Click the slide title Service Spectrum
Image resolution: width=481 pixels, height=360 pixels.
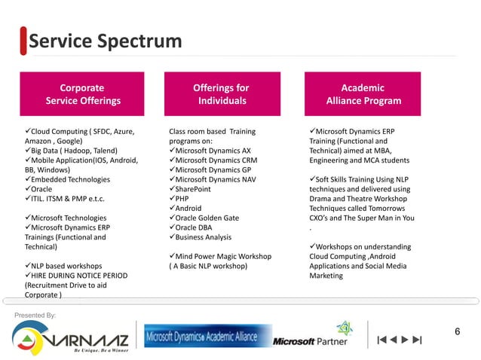pyautogui.click(x=106, y=41)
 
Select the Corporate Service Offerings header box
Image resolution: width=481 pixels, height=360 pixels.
pyautogui.click(x=83, y=94)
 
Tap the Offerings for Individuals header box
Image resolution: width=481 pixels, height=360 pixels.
pyautogui.click(x=222, y=94)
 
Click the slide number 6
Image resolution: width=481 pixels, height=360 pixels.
pyautogui.click(x=457, y=332)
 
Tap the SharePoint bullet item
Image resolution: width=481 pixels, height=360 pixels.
pyautogui.click(x=192, y=189)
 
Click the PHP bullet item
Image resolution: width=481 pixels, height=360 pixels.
pyautogui.click(x=182, y=199)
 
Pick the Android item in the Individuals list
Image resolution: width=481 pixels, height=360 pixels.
pyautogui.click(x=188, y=208)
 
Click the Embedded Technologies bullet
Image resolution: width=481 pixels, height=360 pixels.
pyautogui.click(x=70, y=179)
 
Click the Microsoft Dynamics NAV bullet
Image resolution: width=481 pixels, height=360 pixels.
pyautogui.click(x=213, y=179)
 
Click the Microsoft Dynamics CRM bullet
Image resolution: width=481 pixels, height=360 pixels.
pyautogui.click(x=212, y=160)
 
